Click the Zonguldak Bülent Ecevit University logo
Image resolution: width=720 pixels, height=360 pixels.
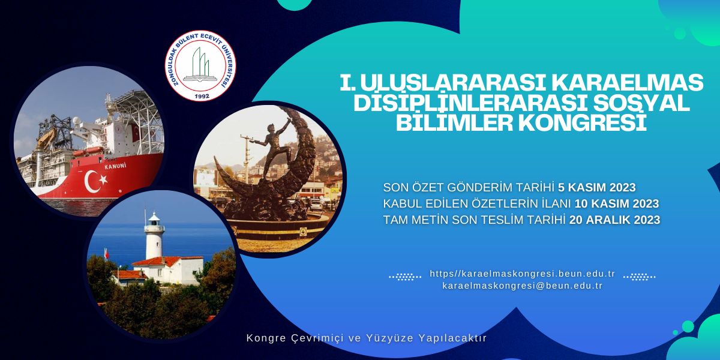[x=200, y=65]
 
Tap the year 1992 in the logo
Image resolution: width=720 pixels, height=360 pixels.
[x=202, y=96]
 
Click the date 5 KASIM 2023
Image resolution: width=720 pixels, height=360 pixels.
[x=597, y=187]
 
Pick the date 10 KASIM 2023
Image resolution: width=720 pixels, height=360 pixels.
[x=617, y=204]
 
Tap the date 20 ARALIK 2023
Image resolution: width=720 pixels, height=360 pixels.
[x=615, y=220]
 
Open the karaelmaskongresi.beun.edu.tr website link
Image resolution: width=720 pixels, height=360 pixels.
[x=523, y=274]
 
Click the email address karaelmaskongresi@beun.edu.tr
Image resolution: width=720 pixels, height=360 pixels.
[x=523, y=286]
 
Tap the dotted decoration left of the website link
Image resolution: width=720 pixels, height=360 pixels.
[x=405, y=277]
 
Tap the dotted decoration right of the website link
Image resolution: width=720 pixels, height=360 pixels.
[x=640, y=277]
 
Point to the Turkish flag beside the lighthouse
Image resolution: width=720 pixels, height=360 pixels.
[x=106, y=254]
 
